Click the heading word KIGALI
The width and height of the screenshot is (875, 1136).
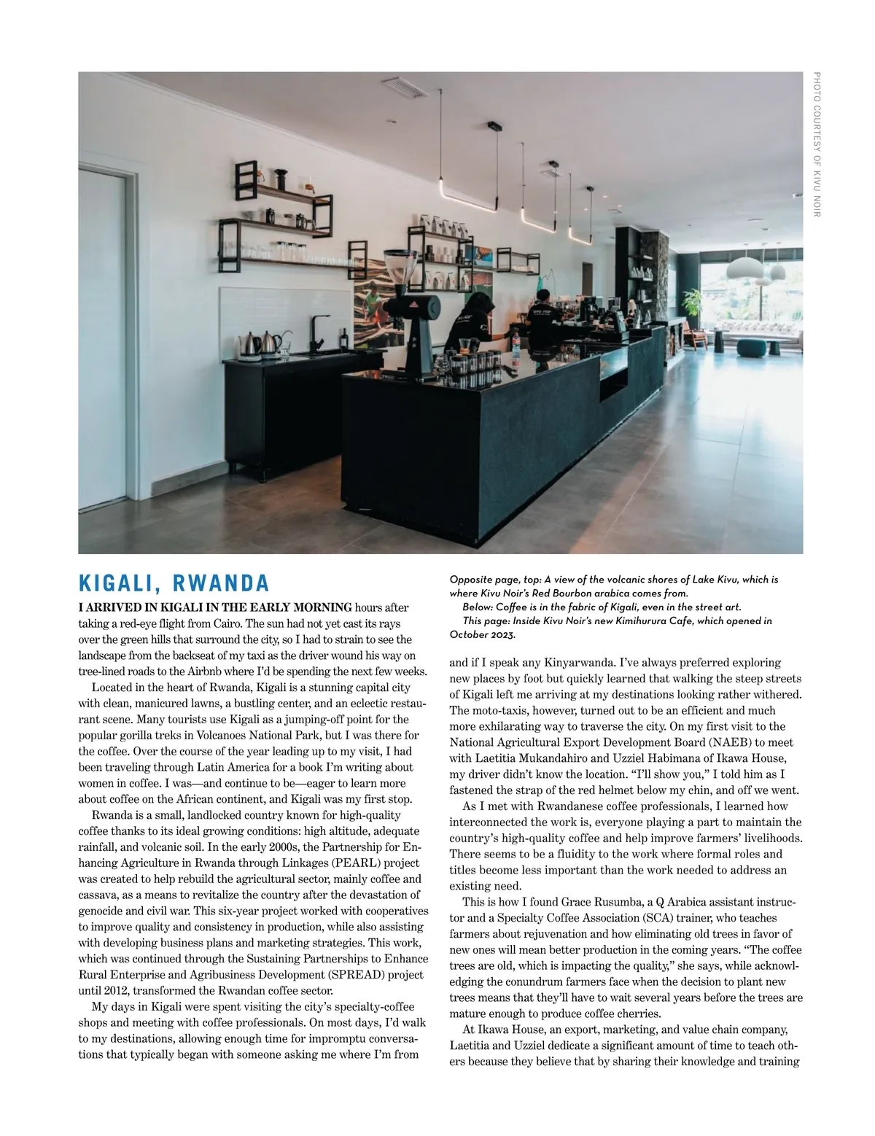(x=120, y=583)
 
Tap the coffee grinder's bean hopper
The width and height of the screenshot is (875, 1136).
(x=400, y=263)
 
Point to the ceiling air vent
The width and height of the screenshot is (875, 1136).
(x=399, y=87)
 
